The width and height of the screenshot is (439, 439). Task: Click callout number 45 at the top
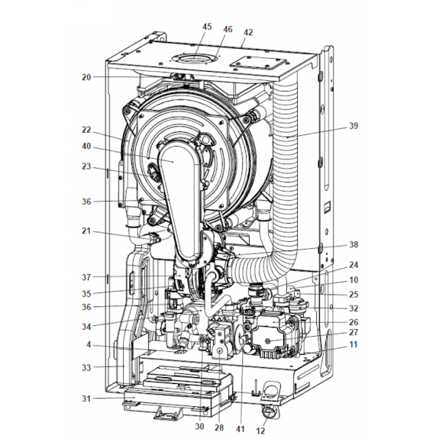(x=207, y=27)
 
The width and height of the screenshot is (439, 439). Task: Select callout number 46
(x=228, y=29)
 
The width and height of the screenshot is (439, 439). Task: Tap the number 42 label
(x=248, y=32)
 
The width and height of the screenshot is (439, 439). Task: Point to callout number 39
(x=353, y=126)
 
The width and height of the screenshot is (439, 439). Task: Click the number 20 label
(x=86, y=77)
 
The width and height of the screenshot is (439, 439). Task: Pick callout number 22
(x=86, y=130)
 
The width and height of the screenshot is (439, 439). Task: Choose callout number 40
(x=86, y=146)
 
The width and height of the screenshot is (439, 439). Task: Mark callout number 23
(x=86, y=166)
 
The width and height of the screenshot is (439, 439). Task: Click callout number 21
(x=86, y=231)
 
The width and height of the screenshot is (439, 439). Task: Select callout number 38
(x=353, y=245)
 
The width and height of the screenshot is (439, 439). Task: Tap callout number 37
(x=86, y=277)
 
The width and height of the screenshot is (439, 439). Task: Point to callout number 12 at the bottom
(x=260, y=431)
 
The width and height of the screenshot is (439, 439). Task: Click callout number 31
(x=86, y=398)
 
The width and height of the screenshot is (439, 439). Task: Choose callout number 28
(x=219, y=428)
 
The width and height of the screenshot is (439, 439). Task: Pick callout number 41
(x=240, y=428)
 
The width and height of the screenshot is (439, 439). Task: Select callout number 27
(x=353, y=333)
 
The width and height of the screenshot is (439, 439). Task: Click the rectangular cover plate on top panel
(x=258, y=64)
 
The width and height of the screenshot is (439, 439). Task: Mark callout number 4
(x=89, y=344)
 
